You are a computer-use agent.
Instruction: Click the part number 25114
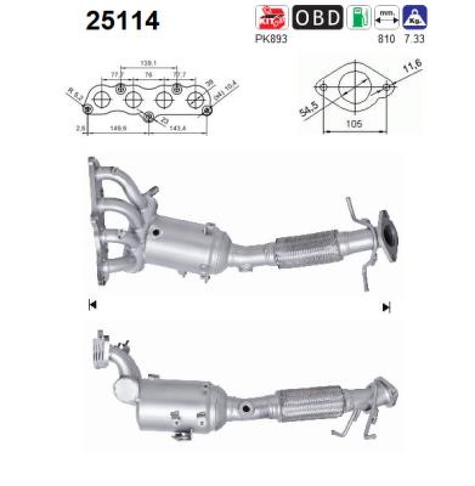tap(123, 21)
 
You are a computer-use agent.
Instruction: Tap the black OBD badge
tap(317, 18)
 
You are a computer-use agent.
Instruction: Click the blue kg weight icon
tap(415, 18)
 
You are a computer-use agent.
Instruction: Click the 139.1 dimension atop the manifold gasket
tap(148, 63)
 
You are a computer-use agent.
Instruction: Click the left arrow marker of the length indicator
tap(92, 305)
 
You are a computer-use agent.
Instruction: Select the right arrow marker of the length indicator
tap(386, 307)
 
